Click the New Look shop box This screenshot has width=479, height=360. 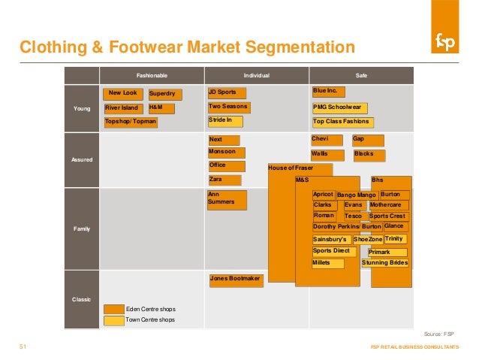pyautogui.click(x=123, y=94)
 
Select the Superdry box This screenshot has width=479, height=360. pyautogui.click(x=163, y=95)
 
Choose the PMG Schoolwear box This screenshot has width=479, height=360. pyautogui.click(x=340, y=107)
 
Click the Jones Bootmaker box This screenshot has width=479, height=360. pyautogui.click(x=235, y=280)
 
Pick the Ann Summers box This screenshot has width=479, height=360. pyautogui.click(x=226, y=198)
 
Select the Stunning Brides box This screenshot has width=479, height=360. pyautogui.click(x=385, y=263)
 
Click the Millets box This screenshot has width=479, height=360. pyautogui.click(x=327, y=263)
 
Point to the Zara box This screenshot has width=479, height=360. pyautogui.click(x=224, y=180)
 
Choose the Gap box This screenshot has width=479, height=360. pyautogui.click(x=368, y=141)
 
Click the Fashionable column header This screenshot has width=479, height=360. pyautogui.click(x=152, y=75)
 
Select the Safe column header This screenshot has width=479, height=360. pyautogui.click(x=361, y=75)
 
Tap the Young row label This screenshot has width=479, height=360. pyautogui.click(x=82, y=108)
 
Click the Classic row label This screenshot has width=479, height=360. pyautogui.click(x=82, y=299)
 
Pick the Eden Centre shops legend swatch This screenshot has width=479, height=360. pyautogui.click(x=114, y=309)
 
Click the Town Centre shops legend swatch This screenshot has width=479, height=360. pyautogui.click(x=114, y=319)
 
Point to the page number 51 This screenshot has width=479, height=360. pyautogui.click(x=23, y=346)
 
